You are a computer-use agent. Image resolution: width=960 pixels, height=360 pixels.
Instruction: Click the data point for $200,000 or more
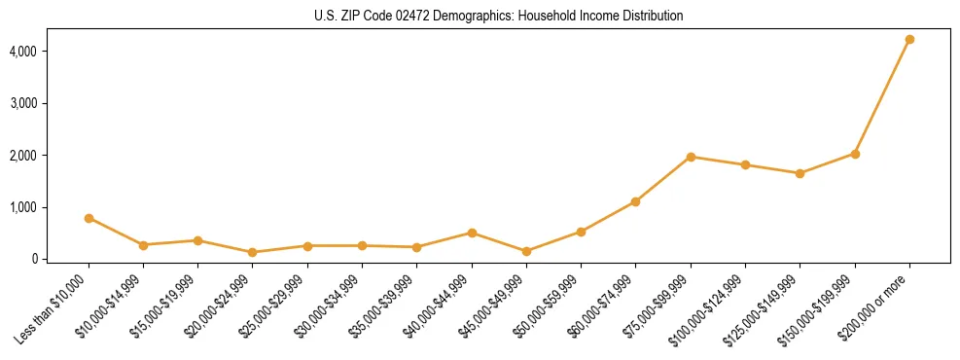pos(909,40)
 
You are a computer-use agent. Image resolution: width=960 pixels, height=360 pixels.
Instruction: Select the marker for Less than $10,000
pos(89,218)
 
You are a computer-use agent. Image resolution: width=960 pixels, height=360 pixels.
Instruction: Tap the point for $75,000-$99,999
pos(691,157)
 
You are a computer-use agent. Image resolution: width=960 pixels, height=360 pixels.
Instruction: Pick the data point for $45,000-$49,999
pos(526,251)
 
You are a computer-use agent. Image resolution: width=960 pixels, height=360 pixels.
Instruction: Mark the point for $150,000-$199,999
pos(855,154)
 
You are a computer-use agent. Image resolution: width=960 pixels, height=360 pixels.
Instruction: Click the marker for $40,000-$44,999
pos(472,233)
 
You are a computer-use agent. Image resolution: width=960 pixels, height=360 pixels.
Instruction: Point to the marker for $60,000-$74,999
pos(635,201)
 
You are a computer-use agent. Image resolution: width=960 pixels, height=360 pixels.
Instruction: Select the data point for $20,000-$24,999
pos(253,252)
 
